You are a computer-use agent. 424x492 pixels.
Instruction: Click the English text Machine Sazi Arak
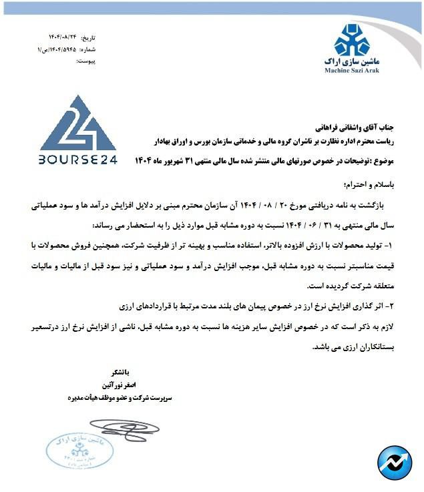coord(352,69)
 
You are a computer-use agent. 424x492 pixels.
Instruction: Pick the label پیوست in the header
coord(87,61)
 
